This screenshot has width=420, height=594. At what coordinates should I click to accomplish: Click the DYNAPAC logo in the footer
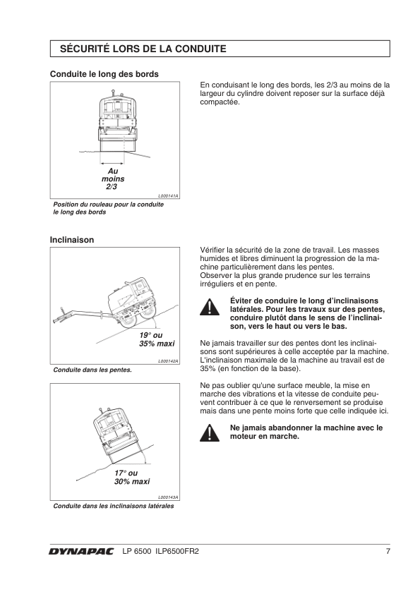click(x=80, y=552)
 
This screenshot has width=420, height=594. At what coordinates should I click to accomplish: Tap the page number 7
click(x=388, y=551)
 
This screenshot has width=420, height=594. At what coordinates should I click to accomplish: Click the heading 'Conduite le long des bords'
click(x=104, y=74)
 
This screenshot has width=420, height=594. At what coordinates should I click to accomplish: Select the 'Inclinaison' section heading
click(x=72, y=240)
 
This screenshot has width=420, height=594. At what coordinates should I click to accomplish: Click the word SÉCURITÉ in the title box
click(x=84, y=49)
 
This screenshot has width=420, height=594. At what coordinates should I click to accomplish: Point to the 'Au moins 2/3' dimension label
click(x=112, y=178)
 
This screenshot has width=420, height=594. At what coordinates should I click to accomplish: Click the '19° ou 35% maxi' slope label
click(x=157, y=339)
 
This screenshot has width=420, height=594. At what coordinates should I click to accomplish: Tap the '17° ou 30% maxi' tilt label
click(x=132, y=478)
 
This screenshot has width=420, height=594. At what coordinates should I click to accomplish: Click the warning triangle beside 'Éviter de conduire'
click(x=209, y=307)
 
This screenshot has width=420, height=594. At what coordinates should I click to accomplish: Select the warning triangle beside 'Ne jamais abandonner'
click(x=209, y=433)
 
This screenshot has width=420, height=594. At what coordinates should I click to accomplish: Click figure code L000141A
click(x=168, y=196)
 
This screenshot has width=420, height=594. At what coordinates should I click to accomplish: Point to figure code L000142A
click(x=168, y=361)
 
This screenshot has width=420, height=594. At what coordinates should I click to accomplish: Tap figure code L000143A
click(x=168, y=497)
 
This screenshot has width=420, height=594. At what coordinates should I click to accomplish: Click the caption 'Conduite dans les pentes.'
click(x=92, y=370)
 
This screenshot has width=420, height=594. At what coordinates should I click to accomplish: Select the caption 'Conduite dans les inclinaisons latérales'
click(x=114, y=506)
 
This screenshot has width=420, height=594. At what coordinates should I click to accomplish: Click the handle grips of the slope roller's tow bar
click(x=61, y=317)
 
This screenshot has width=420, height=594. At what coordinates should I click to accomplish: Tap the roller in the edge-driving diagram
click(x=117, y=121)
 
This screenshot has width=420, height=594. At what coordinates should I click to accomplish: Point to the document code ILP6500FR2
click(x=176, y=551)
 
